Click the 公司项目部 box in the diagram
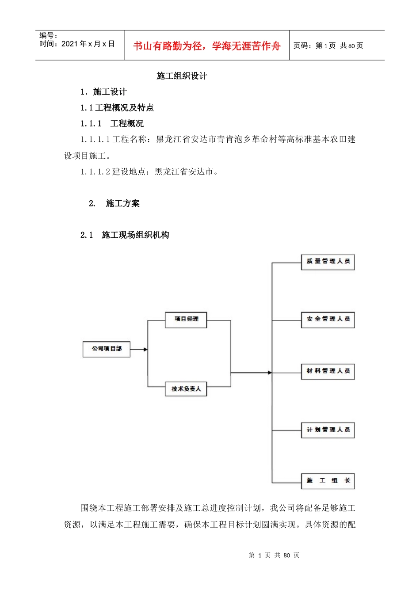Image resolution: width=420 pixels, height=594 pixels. click(107, 349)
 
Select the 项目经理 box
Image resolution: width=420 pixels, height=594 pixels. click(186, 320)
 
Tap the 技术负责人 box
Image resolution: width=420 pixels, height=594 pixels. click(186, 389)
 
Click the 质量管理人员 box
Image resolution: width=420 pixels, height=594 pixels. click(328, 262)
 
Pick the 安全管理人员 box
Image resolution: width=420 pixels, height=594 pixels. click(328, 320)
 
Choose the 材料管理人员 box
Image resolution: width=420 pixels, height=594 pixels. click(328, 371)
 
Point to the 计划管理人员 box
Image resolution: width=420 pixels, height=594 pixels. click(328, 430)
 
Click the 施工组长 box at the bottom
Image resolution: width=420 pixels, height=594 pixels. click(328, 481)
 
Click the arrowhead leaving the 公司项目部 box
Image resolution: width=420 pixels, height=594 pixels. click(145, 350)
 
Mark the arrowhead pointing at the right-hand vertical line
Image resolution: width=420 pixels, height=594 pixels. click(269, 373)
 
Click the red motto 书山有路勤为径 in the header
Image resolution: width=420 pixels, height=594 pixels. click(207, 46)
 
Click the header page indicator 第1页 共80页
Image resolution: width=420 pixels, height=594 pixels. click(328, 46)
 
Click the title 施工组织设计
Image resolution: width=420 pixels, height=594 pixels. click(182, 76)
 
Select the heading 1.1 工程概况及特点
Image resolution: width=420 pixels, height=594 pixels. click(117, 108)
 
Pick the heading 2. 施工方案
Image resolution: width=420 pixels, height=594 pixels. click(114, 203)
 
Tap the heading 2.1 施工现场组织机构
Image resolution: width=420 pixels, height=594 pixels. click(125, 235)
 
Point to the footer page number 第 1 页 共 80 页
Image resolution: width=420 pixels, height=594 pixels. click(274, 555)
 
